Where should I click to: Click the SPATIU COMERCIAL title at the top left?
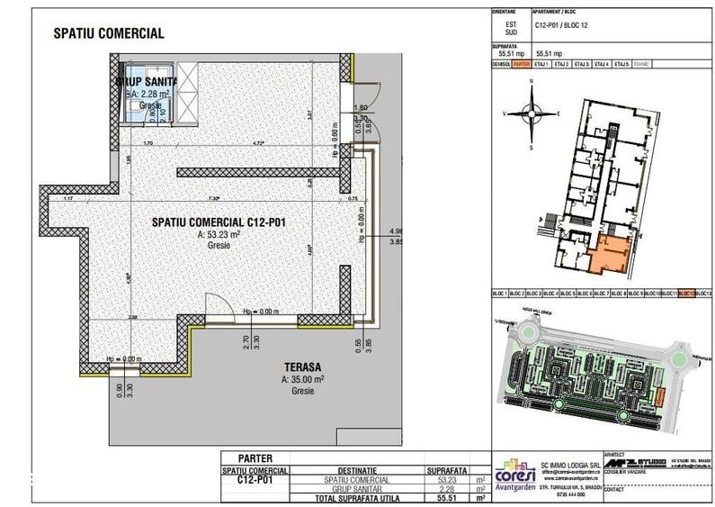pos(109,33)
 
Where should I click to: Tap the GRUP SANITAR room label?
pos(146,81)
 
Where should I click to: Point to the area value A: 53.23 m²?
pos(219,234)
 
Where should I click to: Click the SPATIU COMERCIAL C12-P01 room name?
pos(219,222)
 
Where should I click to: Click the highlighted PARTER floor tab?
pos(522,65)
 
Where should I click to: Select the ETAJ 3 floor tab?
pos(581,65)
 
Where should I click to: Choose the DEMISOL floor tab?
pos(501,65)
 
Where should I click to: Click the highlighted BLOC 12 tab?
pos(687,294)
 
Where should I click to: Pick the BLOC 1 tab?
pos(499,294)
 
